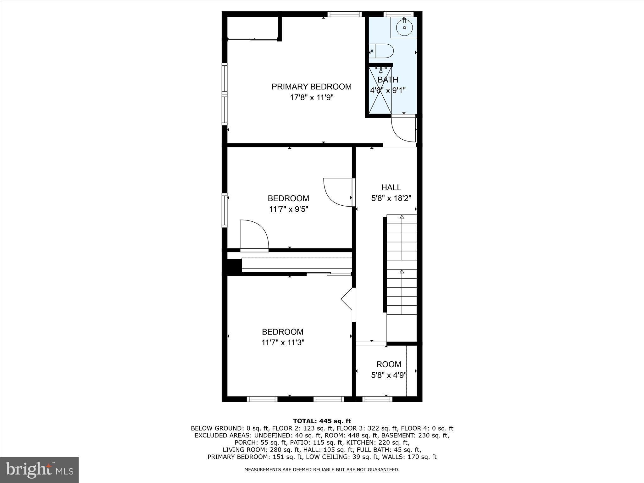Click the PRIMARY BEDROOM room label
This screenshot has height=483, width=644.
311,87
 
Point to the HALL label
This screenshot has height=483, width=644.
391,187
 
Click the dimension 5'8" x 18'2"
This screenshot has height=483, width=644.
391,198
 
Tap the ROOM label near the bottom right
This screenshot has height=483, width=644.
389,364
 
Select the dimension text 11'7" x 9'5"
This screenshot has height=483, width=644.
288,209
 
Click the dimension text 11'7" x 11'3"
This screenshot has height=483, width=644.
283,342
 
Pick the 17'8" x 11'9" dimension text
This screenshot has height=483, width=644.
311,98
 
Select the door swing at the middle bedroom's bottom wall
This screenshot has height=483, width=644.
254,234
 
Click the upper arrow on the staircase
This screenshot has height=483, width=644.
402,217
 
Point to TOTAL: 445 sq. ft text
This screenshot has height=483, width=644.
322,421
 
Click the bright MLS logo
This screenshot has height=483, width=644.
39,470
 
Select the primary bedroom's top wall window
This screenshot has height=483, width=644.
344,14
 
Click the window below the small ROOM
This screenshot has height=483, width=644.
377,399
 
